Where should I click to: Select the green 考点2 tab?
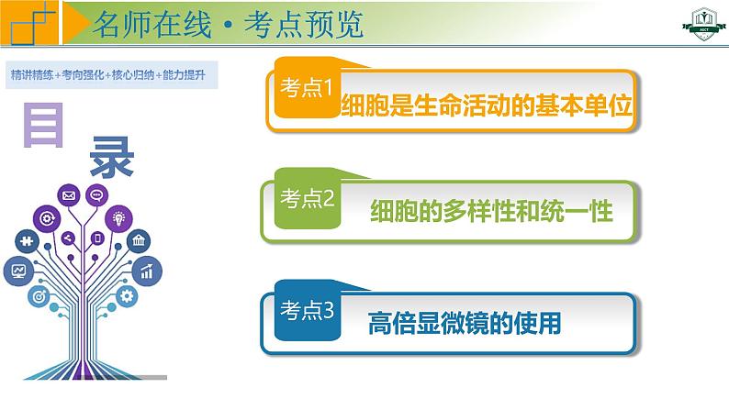point(306,198)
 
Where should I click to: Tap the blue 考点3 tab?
point(306,312)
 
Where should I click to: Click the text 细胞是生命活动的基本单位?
point(488,105)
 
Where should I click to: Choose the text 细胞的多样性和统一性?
point(490,212)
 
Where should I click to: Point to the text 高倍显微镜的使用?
point(465,324)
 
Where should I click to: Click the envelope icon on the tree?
point(68,195)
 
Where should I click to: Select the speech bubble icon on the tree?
point(96,194)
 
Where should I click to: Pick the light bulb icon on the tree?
point(118,216)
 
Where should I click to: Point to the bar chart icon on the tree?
point(146,270)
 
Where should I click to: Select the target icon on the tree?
point(39,296)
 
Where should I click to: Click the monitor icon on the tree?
point(18,271)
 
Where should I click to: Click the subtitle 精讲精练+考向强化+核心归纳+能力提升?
point(107,73)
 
